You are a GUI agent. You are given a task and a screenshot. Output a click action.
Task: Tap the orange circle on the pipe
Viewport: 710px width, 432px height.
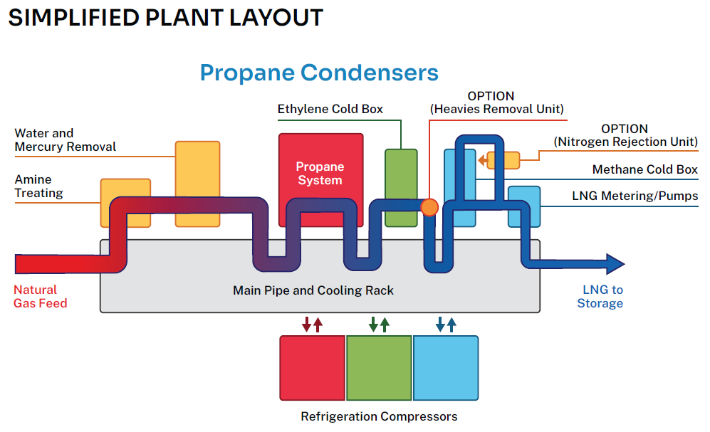[429, 207]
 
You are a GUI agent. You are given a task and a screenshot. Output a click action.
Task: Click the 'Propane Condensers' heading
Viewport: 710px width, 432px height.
[319, 73]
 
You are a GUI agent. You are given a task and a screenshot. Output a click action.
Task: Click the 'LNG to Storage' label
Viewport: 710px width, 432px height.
[602, 297]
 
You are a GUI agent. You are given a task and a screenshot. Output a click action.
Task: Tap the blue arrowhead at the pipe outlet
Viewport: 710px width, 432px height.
[613, 264]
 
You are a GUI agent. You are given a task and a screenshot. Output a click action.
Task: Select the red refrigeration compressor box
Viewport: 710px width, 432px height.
[312, 368]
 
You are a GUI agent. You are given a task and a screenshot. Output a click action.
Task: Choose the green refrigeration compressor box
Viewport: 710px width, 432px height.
[379, 368]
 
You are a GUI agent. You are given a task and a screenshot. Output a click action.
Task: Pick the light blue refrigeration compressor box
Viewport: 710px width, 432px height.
[446, 368]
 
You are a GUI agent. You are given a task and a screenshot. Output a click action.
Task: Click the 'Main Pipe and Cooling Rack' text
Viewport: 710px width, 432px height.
[313, 290]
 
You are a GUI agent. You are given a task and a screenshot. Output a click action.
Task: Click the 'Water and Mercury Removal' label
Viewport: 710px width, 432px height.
[65, 140]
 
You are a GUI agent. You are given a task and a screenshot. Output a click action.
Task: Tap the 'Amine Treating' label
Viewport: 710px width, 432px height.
[39, 186]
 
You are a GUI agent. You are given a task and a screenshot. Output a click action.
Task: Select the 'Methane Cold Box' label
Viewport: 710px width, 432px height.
[645, 170]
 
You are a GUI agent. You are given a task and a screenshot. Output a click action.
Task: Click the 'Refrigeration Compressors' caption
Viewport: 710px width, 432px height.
[379, 416]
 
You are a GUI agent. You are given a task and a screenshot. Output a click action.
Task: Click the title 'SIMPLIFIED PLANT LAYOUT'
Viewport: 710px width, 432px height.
[165, 18]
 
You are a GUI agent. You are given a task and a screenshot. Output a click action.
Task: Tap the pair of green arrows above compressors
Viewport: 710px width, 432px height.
[379, 325]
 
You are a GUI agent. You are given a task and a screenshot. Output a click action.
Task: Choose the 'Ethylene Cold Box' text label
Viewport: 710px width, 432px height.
[330, 109]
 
